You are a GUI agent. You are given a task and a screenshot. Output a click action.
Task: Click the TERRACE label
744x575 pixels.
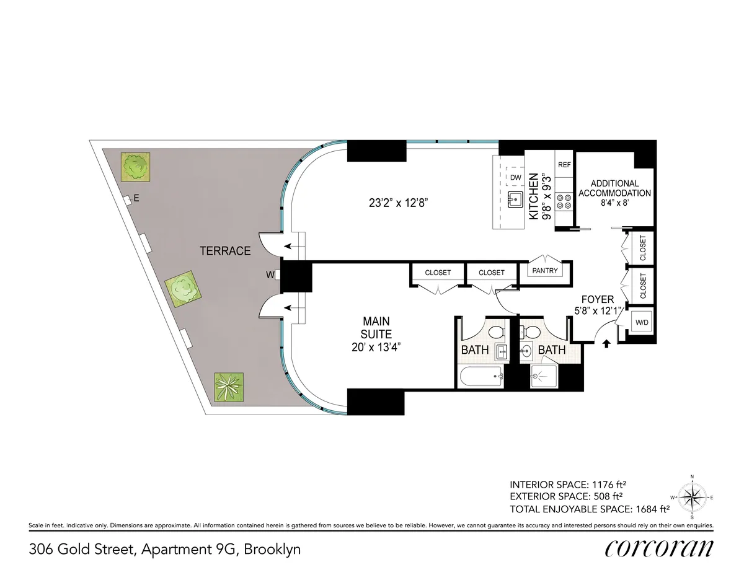click(x=225, y=251)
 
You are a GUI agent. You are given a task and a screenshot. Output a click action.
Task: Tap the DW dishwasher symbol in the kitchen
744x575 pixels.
click(x=515, y=177)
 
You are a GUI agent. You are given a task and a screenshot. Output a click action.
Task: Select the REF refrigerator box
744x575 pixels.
click(x=564, y=165)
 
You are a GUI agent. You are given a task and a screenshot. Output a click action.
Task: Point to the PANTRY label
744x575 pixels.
click(x=544, y=271)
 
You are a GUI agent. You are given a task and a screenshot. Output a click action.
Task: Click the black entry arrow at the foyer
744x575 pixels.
click(x=606, y=343)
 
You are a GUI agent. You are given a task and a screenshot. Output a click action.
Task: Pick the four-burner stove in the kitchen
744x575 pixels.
click(x=564, y=201)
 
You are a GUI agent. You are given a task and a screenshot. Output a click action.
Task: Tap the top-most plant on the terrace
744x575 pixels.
click(x=136, y=166)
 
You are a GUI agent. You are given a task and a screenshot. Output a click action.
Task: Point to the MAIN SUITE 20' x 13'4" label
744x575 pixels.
click(x=376, y=335)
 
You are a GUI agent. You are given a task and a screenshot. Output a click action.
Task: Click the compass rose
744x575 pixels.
click(x=692, y=497)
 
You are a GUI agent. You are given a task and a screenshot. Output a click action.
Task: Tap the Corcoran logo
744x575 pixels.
click(x=658, y=549)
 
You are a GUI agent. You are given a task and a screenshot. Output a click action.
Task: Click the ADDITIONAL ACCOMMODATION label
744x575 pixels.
click(x=614, y=188)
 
